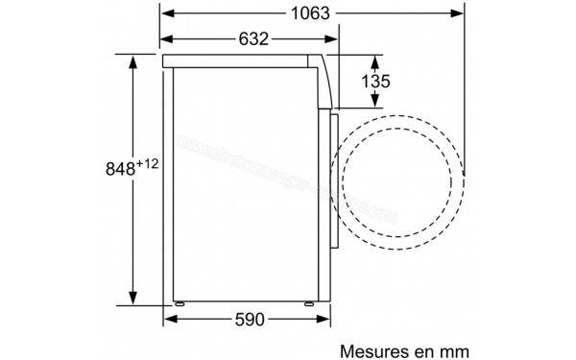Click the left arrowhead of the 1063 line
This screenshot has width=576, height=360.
click(165, 13)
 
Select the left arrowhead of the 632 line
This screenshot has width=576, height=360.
click(165, 39)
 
